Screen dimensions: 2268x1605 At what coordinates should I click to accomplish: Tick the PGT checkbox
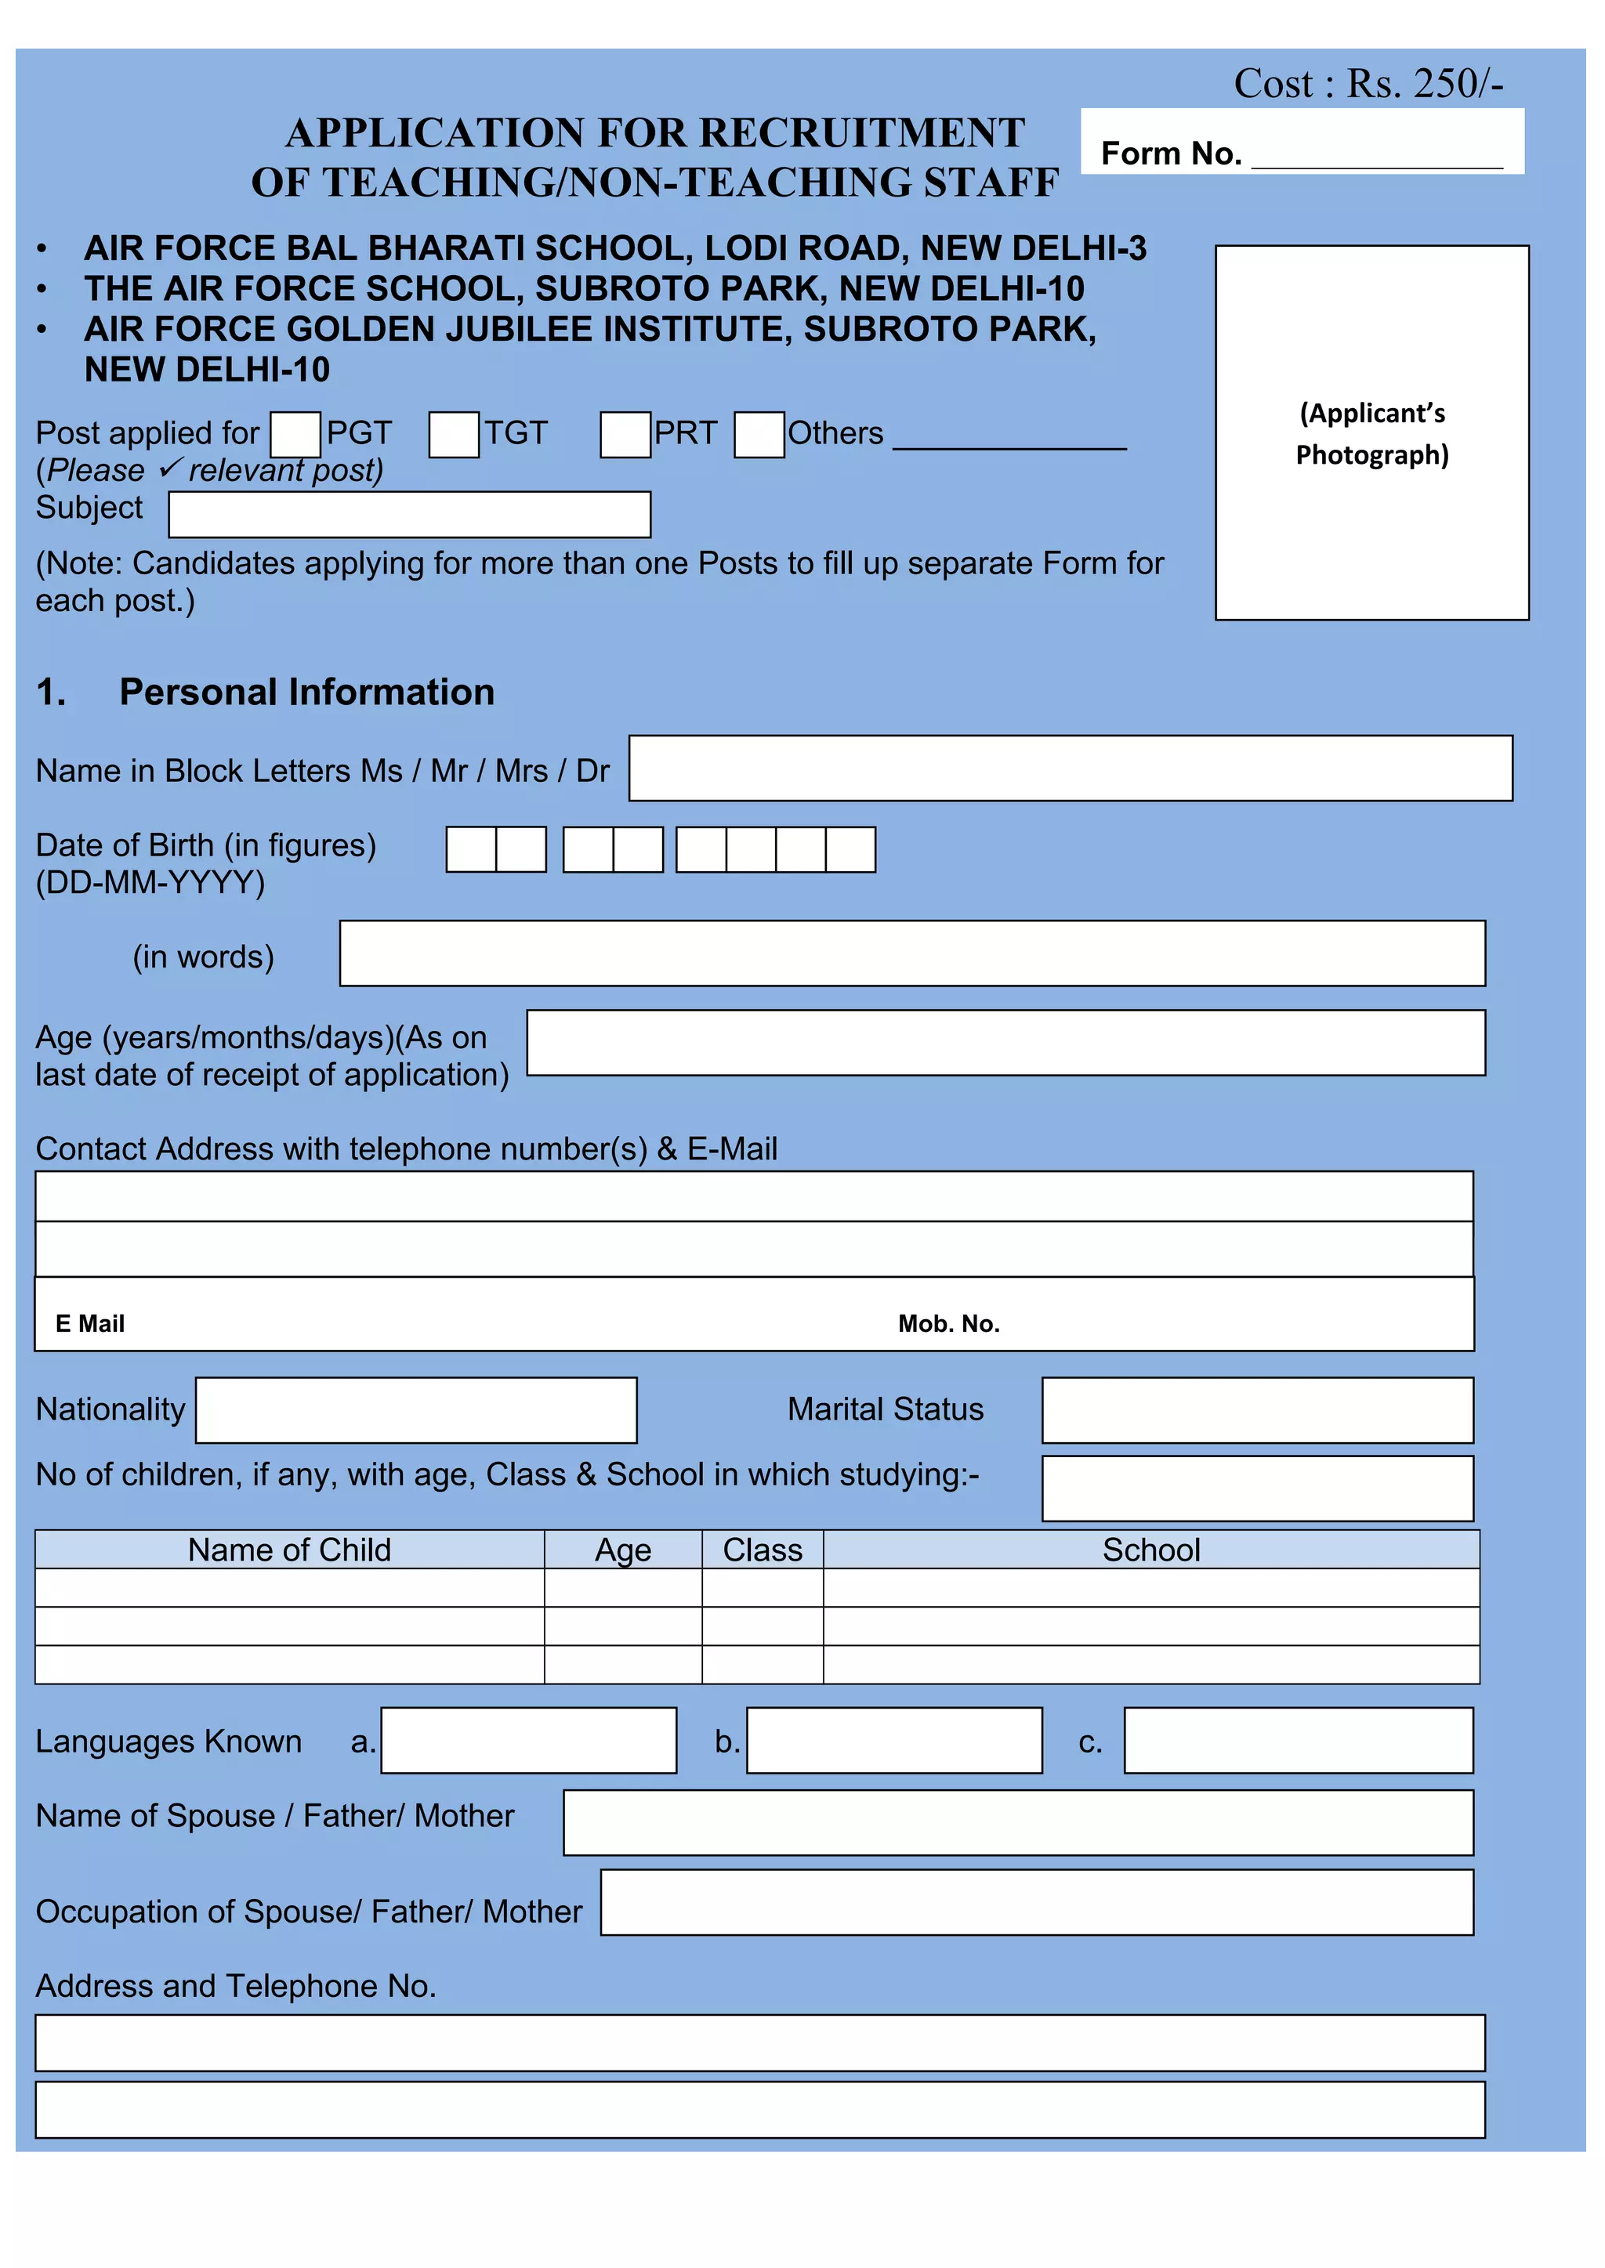(x=295, y=435)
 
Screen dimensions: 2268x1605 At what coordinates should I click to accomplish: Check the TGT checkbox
(x=454, y=435)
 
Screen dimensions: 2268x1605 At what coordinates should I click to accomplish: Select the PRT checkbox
(x=625, y=435)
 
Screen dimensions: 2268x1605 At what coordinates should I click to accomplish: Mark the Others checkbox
(x=759, y=435)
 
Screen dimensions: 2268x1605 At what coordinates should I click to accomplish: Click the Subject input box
(x=409, y=515)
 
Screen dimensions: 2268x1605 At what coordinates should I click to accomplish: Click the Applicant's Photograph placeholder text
(x=1371, y=434)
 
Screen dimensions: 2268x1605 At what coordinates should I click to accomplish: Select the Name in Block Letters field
(x=1071, y=768)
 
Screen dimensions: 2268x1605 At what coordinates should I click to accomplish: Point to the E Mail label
(x=90, y=1324)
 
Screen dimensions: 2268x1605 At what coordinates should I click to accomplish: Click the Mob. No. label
(x=947, y=1324)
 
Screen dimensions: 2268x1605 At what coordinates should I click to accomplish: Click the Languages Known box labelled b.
(x=894, y=1741)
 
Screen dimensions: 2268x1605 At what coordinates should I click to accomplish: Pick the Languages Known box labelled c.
(x=1298, y=1741)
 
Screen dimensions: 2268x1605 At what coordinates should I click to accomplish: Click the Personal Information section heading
(x=306, y=693)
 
